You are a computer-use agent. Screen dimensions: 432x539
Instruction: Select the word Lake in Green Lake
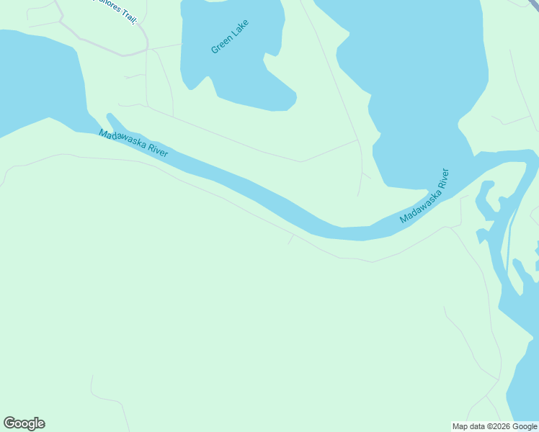pyautogui.click(x=237, y=29)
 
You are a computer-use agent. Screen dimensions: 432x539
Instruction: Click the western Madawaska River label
pyautogui.click(x=133, y=144)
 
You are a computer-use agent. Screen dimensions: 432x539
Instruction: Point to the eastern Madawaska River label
pyautogui.click(x=424, y=196)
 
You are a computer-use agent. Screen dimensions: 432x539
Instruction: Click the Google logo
pyautogui.click(x=24, y=423)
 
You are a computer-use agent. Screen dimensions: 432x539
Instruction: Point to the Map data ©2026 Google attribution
pyautogui.click(x=495, y=426)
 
